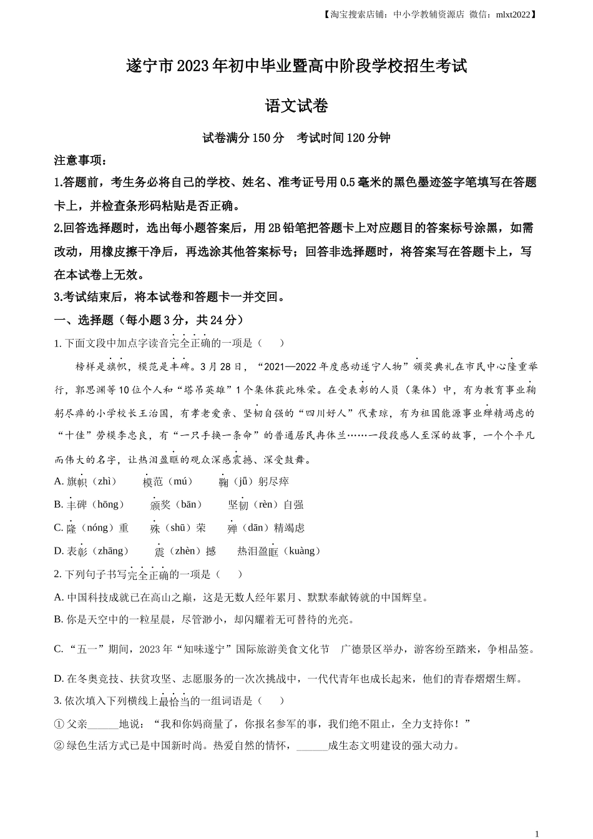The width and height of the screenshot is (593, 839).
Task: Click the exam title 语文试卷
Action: click(296, 106)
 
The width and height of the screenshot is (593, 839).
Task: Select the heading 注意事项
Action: click(80, 160)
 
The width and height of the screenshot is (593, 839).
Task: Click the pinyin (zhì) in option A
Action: click(104, 481)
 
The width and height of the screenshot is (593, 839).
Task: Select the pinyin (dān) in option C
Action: click(256, 527)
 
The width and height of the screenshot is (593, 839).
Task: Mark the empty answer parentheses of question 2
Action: click(230, 574)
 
